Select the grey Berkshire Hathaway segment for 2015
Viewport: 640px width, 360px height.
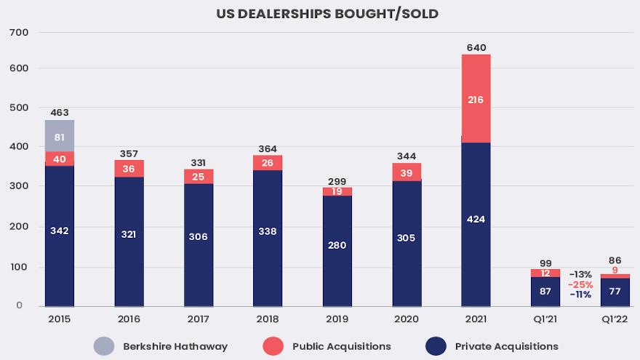tap(60, 135)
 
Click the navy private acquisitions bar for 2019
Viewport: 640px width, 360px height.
tap(338, 251)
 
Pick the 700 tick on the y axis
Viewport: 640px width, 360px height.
tap(19, 32)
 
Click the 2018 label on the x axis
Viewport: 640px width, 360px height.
tap(268, 319)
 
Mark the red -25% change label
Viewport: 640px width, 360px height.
tap(580, 284)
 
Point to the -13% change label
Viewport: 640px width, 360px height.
tap(580, 274)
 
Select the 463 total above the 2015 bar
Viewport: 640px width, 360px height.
tap(60, 113)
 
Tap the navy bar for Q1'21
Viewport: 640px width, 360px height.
tap(545, 291)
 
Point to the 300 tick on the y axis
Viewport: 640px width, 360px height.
tap(19, 186)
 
